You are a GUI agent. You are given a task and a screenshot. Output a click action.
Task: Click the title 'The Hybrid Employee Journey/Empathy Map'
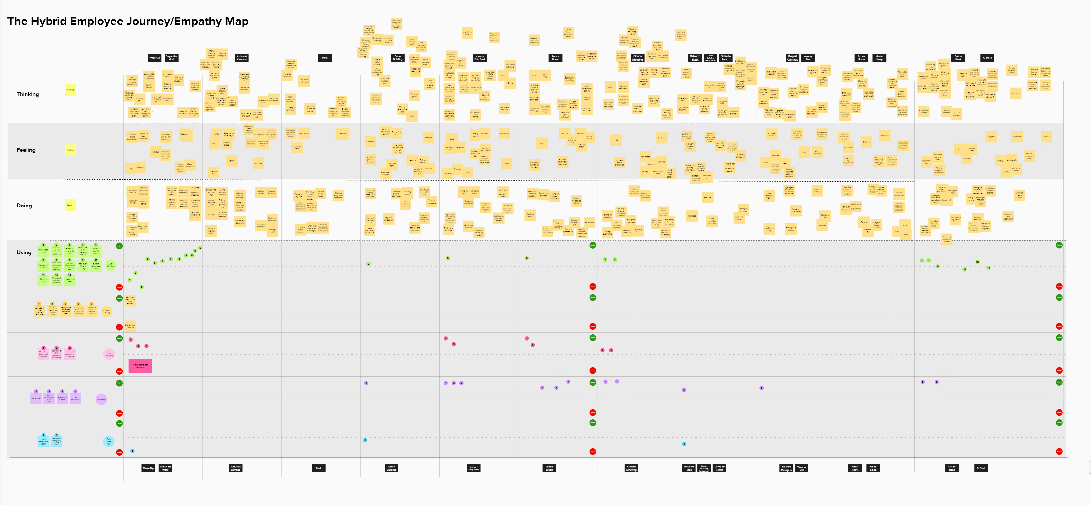click(127, 21)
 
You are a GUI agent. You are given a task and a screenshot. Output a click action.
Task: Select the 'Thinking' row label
click(27, 94)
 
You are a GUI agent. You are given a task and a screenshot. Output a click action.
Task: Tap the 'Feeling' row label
click(26, 150)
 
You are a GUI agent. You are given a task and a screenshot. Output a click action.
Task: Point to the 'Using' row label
click(24, 252)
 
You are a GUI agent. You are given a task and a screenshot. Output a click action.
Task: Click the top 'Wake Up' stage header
click(155, 58)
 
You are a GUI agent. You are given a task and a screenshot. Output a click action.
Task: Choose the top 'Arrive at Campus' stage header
click(241, 58)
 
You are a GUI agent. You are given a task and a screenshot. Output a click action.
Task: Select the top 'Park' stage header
click(325, 58)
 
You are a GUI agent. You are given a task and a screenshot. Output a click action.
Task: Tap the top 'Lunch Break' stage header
click(555, 58)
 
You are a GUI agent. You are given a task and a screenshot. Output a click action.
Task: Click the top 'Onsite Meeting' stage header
click(637, 58)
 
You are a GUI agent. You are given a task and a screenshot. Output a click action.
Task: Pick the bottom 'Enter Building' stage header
click(391, 468)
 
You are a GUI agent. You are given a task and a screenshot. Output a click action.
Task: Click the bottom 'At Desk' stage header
click(981, 468)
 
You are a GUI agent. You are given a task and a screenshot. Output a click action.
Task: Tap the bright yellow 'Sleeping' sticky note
click(70, 205)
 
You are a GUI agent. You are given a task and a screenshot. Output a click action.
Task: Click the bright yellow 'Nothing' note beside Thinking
click(70, 89)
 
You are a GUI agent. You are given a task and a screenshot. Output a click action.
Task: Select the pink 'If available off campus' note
click(140, 366)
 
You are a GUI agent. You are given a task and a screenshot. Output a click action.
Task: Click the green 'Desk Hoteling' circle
click(111, 265)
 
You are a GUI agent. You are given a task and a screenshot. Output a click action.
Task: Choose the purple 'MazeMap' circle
click(101, 399)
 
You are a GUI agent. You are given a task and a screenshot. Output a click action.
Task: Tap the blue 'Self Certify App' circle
click(108, 441)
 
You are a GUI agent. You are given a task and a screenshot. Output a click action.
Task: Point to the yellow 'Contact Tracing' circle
click(107, 312)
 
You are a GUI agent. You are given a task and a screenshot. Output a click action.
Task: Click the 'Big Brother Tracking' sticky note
click(130, 326)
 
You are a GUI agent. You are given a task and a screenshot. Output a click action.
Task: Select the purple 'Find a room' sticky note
click(36, 398)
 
